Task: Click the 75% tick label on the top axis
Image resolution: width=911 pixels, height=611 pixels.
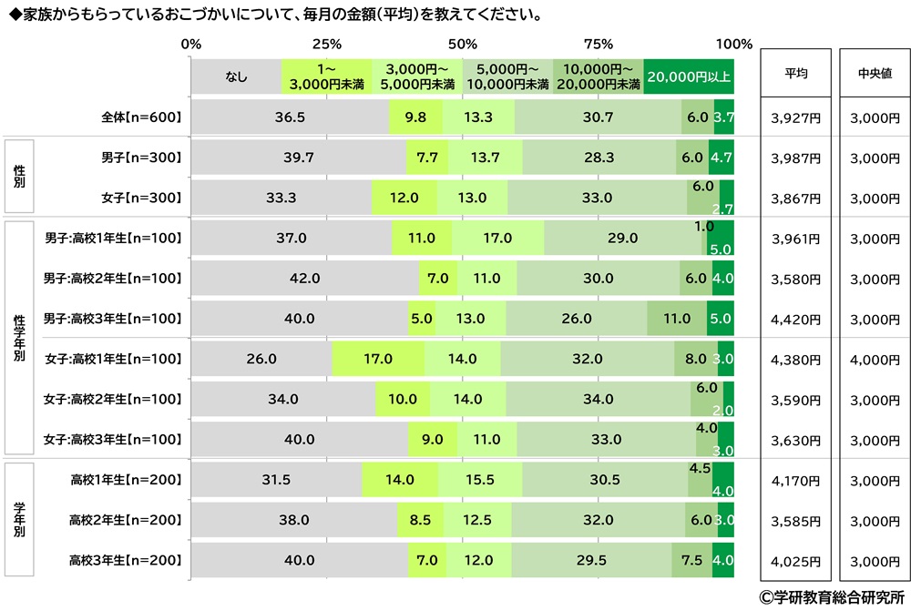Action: point(598,44)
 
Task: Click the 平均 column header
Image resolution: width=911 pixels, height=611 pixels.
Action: point(795,75)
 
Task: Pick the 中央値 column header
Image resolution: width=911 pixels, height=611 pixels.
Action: point(874,75)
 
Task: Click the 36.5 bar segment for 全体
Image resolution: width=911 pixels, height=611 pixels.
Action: point(290,117)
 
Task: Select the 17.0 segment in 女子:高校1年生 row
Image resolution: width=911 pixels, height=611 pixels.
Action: point(377,359)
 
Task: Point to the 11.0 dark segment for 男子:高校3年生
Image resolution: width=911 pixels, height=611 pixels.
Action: point(677,319)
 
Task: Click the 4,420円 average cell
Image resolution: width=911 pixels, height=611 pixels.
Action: point(795,320)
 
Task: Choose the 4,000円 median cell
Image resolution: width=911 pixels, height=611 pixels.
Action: point(874,360)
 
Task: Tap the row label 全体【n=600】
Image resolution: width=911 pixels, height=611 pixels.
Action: point(143,117)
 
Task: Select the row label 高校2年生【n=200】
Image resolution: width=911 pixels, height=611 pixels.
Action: point(127,520)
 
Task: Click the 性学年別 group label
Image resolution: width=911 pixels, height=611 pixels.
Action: point(19,339)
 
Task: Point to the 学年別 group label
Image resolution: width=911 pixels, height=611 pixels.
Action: point(19,521)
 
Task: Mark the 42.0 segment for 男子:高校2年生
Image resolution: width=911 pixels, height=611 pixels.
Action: point(304,279)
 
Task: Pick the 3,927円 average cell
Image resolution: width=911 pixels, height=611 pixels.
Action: point(795,117)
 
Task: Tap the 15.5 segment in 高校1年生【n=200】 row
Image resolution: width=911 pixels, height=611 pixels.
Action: point(479,480)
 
